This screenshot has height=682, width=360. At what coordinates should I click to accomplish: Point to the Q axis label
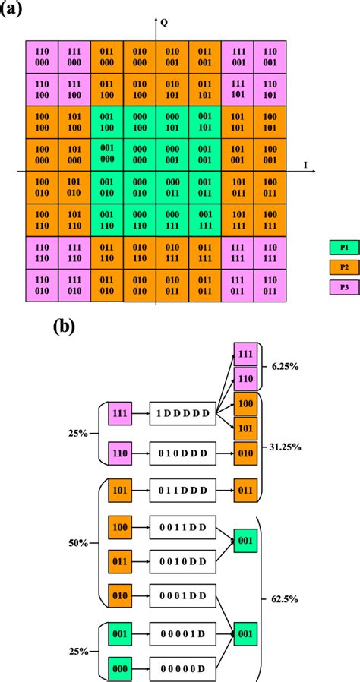tap(164, 23)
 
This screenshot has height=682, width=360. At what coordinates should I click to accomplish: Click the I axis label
tap(305, 164)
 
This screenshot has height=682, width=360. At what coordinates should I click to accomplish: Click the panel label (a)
tap(14, 11)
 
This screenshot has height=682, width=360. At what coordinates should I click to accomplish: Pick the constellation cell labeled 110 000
tap(41, 55)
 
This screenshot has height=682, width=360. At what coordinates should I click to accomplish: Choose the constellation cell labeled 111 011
tap(237, 284)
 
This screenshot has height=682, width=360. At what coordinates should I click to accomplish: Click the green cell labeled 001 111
tap(204, 219)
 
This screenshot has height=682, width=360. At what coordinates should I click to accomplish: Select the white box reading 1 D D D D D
tap(182, 414)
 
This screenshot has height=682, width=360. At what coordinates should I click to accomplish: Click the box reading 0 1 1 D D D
tap(182, 491)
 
